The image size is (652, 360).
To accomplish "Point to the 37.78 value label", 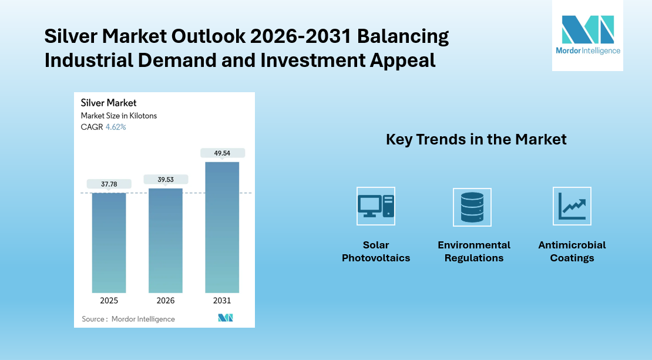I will [x=109, y=184].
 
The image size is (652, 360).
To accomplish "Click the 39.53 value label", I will [x=165, y=179].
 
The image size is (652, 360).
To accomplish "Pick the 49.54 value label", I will [x=222, y=153].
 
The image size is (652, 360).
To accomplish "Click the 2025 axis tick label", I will [x=109, y=301].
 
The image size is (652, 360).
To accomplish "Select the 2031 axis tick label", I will [x=222, y=301].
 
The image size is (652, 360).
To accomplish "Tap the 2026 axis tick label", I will [x=165, y=301].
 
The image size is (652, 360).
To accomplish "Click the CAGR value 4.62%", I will [x=116, y=127].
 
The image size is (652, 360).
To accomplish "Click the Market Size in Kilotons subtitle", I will [x=119, y=116].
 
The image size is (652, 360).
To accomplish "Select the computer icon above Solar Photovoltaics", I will [x=376, y=206].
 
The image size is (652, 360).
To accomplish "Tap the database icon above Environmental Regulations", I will [x=472, y=207].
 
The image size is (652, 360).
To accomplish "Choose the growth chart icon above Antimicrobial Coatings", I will [x=572, y=206].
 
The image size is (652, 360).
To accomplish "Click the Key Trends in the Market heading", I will [x=476, y=139].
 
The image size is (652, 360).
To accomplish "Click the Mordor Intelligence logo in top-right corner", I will [x=587, y=35].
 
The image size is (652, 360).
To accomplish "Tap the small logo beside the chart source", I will [x=226, y=318].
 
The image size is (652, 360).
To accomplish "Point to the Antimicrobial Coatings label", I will [x=572, y=251].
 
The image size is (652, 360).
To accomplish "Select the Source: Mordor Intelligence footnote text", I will [x=128, y=319].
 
